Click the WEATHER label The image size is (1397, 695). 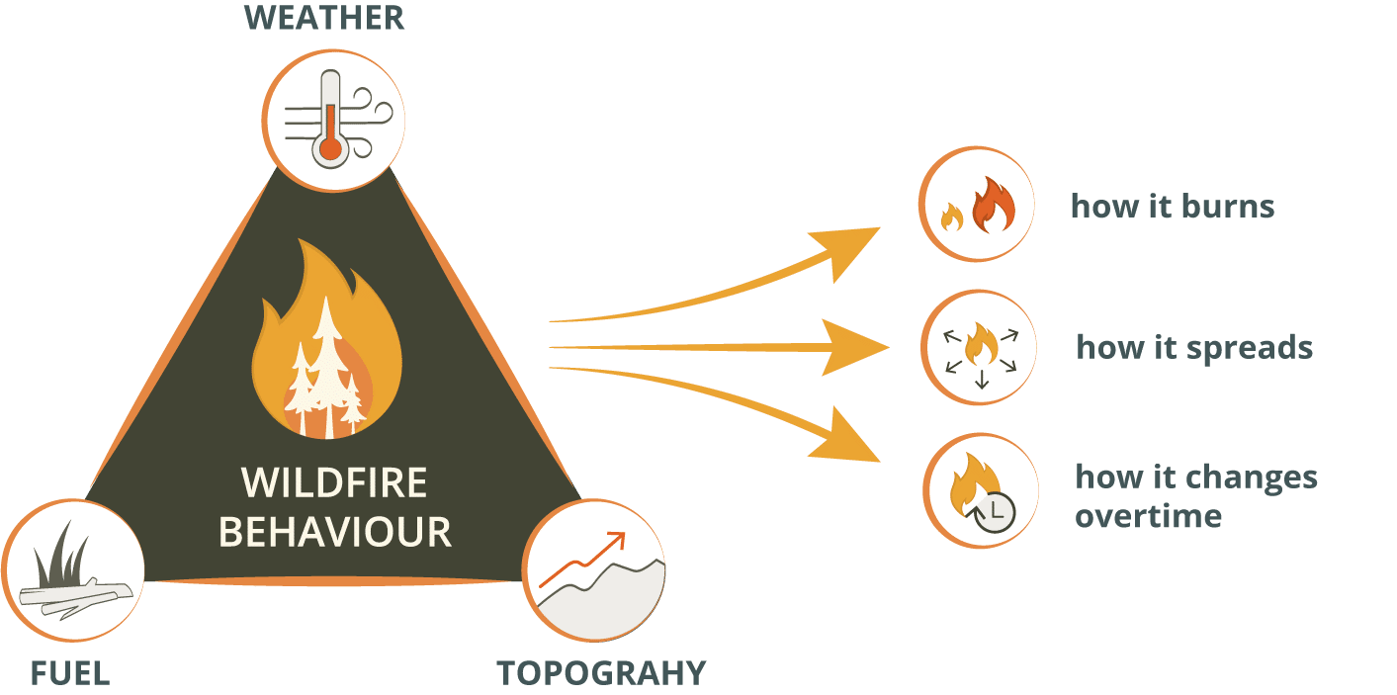(323, 18)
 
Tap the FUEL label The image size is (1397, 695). (70, 674)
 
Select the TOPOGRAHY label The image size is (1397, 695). (601, 674)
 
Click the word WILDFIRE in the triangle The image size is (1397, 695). (334, 482)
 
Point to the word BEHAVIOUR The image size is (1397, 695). (334, 533)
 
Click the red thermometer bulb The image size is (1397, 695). (330, 149)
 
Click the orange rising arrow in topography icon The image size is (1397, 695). (582, 560)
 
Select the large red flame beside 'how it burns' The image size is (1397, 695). (994, 204)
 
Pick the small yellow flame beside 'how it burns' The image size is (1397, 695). (952, 217)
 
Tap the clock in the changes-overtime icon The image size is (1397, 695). (996, 512)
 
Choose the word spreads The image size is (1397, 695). (1249, 349)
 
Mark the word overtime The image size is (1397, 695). (1148, 516)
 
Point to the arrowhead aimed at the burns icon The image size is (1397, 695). (847, 249)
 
